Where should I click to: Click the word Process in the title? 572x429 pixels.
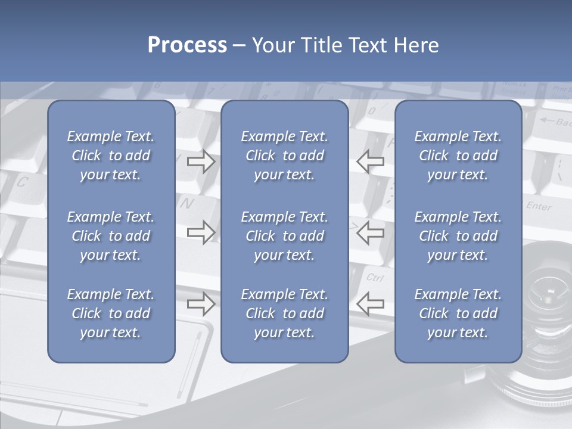click(187, 45)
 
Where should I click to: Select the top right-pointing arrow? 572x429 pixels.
click(201, 161)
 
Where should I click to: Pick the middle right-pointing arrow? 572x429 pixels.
click(201, 232)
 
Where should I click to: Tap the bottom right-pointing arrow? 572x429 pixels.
click(201, 303)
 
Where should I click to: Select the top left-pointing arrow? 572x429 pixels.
click(370, 161)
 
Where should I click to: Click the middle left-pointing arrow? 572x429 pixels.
click(370, 232)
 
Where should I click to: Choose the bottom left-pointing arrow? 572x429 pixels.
click(370, 303)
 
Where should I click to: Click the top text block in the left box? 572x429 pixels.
click(111, 156)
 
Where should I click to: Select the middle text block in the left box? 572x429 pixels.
click(111, 236)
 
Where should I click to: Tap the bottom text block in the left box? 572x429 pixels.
click(111, 313)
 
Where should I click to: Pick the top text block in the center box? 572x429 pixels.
click(285, 156)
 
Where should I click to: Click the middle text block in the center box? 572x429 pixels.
click(285, 236)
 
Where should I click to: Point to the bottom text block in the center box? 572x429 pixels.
click(285, 313)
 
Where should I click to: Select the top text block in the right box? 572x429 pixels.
click(458, 156)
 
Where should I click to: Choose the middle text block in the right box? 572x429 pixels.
click(458, 236)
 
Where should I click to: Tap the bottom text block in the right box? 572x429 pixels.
click(458, 313)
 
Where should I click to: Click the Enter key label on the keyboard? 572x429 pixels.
click(539, 206)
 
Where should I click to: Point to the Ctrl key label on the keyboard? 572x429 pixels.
click(375, 277)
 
